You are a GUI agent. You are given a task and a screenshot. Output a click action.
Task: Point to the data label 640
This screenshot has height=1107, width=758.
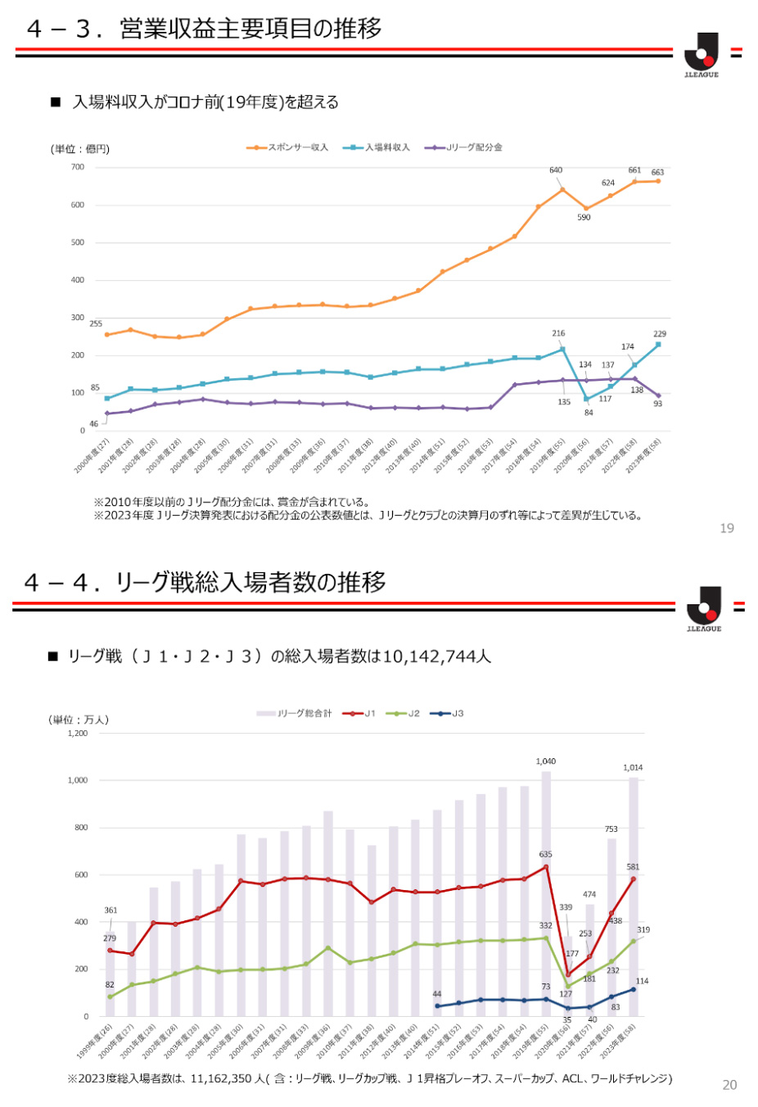[556, 170]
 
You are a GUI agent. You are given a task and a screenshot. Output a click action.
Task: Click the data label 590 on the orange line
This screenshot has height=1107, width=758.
[584, 217]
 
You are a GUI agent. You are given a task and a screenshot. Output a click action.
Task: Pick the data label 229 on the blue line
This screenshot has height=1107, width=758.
[660, 334]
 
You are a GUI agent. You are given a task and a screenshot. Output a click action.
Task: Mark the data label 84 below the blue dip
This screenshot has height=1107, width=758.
[589, 413]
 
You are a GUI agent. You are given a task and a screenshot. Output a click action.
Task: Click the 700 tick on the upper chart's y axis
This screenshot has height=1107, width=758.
[77, 167]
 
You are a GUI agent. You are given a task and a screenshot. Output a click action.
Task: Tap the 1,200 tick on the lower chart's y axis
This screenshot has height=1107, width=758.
[77, 734]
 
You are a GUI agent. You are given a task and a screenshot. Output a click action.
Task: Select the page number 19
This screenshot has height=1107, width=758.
[727, 528]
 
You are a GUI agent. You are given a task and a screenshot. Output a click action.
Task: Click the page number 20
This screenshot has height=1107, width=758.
[729, 1084]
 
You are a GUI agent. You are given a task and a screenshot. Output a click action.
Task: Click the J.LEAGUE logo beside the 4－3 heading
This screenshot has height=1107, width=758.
[702, 55]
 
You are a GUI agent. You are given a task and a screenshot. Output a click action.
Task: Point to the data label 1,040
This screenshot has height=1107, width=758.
[546, 761]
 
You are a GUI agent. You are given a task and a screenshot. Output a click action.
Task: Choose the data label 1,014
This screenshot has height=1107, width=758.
[633, 767]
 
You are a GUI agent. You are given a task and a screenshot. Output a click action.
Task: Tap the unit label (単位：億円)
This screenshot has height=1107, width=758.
[79, 149]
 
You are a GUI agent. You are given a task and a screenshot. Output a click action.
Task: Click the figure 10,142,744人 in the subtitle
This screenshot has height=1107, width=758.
[436, 656]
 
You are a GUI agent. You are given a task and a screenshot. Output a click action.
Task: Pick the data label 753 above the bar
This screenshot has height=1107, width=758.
[611, 829]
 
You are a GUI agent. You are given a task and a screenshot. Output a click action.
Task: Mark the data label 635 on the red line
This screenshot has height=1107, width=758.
[545, 854]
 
